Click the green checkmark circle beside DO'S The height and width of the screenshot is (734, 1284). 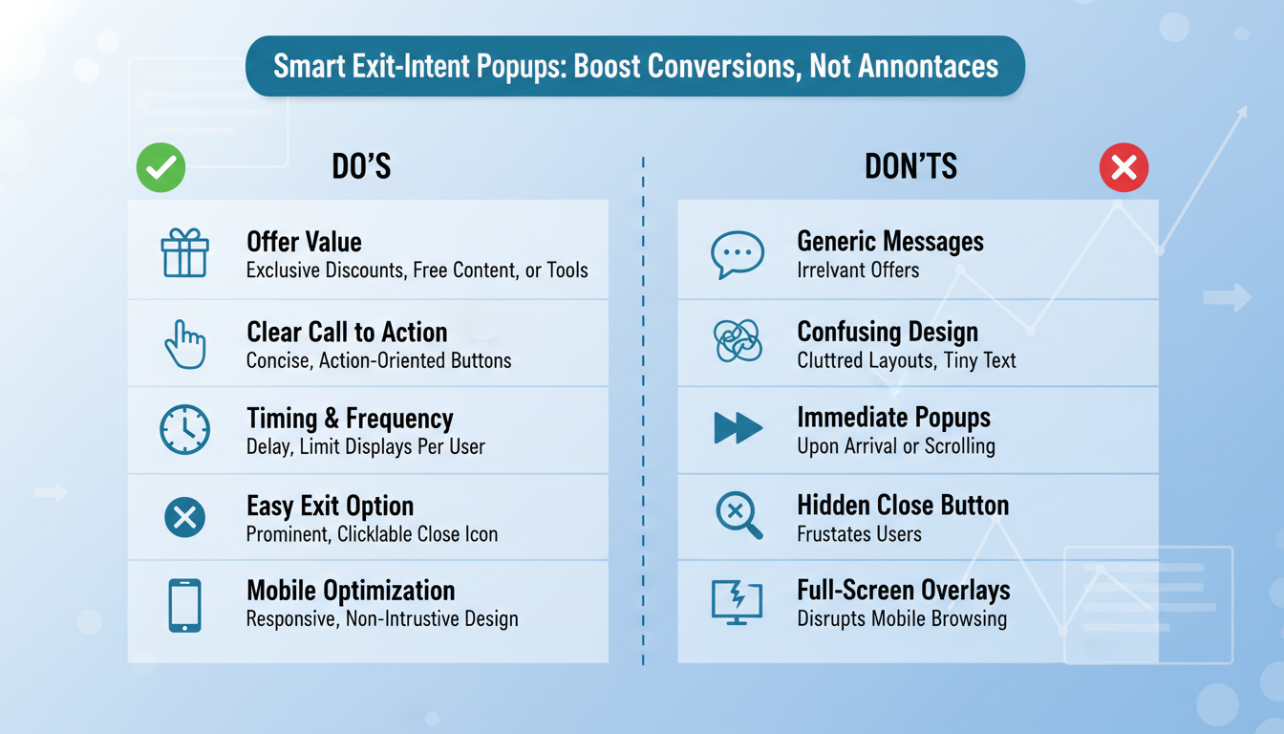click(160, 168)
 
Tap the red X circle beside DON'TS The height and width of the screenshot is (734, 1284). click(1123, 168)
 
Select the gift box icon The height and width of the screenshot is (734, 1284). click(184, 253)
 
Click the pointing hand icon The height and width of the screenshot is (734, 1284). click(185, 344)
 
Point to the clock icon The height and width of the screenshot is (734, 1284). click(184, 430)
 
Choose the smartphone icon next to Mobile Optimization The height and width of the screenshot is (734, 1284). click(184, 605)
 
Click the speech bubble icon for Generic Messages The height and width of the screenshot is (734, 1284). click(738, 255)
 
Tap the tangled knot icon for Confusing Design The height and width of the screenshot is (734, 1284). click(738, 341)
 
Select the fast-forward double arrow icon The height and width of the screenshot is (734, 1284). click(738, 428)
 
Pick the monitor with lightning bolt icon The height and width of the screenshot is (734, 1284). click(738, 602)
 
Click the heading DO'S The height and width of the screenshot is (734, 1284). click(361, 167)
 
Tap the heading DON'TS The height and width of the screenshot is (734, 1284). click(910, 167)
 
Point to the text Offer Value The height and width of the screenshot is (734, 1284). click(304, 242)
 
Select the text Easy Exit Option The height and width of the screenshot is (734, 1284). click(330, 506)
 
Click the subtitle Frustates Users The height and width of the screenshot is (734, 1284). click(859, 534)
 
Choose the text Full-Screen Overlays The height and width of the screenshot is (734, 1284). click(903, 590)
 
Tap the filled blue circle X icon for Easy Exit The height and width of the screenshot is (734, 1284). click(184, 517)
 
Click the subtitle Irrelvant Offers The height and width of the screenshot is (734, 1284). click(858, 270)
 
